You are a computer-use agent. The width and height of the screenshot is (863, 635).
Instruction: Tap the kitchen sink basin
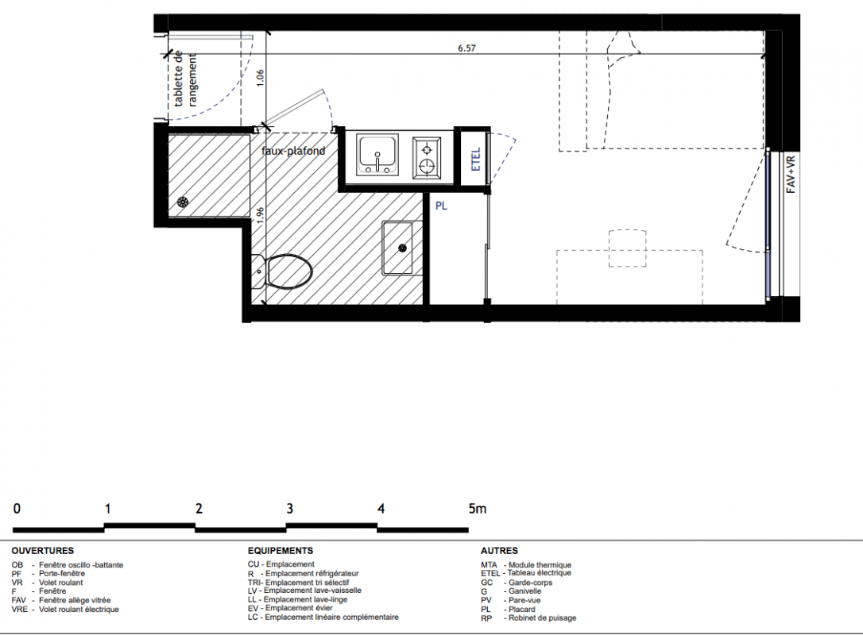point(377,154)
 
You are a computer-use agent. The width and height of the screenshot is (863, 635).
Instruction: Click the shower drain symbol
point(182,202)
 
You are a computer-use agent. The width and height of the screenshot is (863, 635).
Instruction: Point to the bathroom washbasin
point(397,248)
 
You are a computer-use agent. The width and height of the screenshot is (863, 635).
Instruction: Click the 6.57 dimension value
point(466,48)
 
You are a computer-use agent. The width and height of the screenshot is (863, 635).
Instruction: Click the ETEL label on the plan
point(477,158)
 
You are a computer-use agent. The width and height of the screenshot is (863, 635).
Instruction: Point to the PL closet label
point(441,206)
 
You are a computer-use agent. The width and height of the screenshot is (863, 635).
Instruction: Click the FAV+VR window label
point(791,175)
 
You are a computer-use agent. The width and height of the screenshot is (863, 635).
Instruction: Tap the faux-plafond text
point(293,151)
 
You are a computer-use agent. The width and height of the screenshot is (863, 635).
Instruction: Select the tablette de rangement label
point(185,79)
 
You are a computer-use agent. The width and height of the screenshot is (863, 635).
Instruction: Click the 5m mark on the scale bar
point(477,509)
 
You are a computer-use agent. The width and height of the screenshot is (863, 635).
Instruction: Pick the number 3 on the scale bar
point(289,509)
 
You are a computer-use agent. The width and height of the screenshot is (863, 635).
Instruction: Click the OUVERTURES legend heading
point(42,550)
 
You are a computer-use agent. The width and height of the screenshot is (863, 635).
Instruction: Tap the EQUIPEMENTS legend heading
point(281,550)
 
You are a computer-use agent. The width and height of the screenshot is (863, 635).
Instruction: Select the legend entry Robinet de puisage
point(528,618)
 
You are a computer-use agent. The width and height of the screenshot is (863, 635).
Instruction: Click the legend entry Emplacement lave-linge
point(297,599)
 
